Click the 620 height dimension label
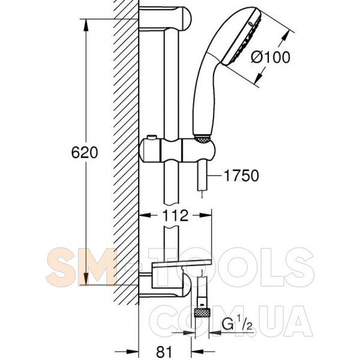tap(84, 152)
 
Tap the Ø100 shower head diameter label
tap(271, 57)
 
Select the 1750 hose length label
tap(241, 176)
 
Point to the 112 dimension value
tap(175, 215)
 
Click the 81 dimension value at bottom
tap(164, 351)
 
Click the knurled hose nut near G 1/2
tap(202, 313)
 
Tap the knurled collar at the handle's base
tap(202, 140)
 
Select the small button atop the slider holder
tap(152, 137)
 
